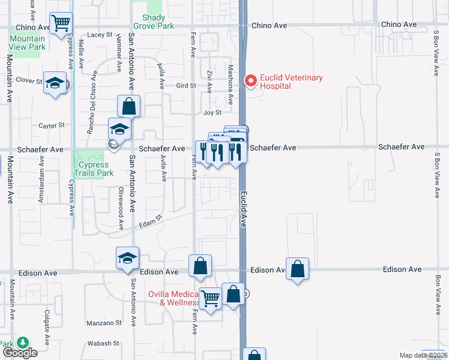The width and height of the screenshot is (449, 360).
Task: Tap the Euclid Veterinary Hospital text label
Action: click(291, 82)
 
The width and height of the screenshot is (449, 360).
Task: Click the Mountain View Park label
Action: click(27, 43)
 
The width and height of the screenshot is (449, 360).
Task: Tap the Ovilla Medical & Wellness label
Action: click(174, 298)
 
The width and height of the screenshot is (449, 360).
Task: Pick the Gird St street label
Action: click(186, 86)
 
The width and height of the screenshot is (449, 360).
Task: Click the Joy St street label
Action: click(212, 113)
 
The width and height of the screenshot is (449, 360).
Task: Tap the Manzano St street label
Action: click(104, 323)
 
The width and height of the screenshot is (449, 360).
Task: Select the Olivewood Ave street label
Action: click(121, 208)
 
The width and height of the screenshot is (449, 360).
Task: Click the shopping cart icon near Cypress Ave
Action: click(61, 24)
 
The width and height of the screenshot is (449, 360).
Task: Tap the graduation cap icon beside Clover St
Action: click(55, 83)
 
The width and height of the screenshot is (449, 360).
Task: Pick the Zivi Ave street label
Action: click(209, 81)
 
